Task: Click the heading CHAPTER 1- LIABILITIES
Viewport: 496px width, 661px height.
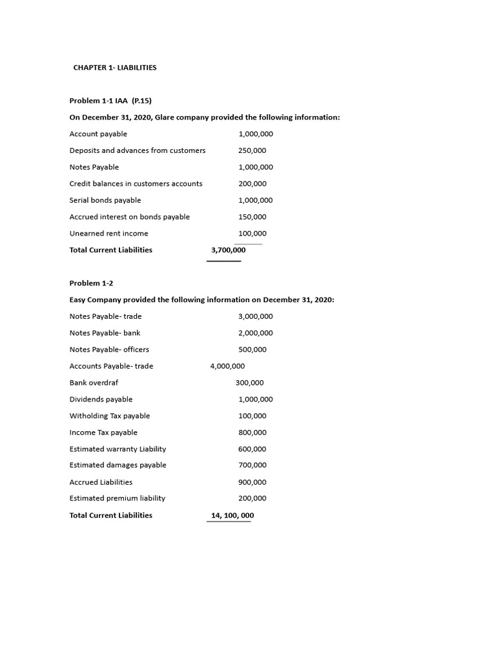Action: tap(115, 67)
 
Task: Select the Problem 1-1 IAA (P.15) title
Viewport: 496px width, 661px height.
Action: tap(110, 101)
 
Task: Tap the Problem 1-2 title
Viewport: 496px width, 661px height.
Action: tap(91, 283)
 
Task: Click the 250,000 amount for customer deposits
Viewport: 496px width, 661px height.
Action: tap(252, 150)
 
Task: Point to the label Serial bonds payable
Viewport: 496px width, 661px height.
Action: tap(105, 200)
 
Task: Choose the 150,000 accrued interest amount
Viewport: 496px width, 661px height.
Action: tap(252, 217)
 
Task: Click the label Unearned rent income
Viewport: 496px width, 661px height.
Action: tap(108, 234)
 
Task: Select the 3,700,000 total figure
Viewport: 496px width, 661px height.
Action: tap(228, 250)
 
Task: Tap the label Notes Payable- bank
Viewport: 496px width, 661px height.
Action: tap(105, 333)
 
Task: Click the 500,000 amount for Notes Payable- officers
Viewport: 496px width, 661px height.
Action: tap(252, 350)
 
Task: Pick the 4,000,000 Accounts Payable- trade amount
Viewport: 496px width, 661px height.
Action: tap(227, 366)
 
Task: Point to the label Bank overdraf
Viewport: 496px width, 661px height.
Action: tap(94, 383)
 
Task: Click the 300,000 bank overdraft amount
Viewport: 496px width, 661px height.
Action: tap(249, 383)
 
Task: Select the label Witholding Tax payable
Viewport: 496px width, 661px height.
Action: tap(110, 416)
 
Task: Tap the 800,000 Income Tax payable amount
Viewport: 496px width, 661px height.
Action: tap(252, 432)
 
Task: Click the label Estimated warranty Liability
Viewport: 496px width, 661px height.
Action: tap(118, 449)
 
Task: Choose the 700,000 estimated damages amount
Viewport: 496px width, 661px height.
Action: tap(252, 465)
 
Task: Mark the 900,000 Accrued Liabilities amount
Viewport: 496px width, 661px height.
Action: tap(252, 482)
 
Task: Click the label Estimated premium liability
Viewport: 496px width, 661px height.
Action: tap(117, 498)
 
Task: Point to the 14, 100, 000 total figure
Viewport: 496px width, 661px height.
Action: tap(232, 515)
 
